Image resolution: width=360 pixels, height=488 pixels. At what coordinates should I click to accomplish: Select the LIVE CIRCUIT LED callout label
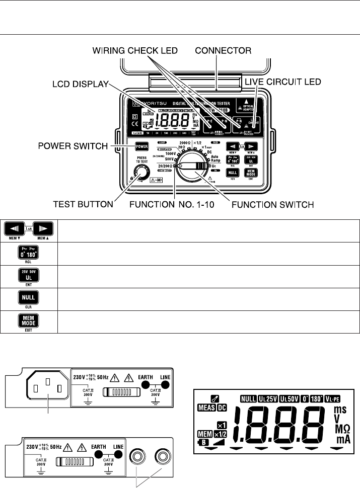[x=275, y=82]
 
